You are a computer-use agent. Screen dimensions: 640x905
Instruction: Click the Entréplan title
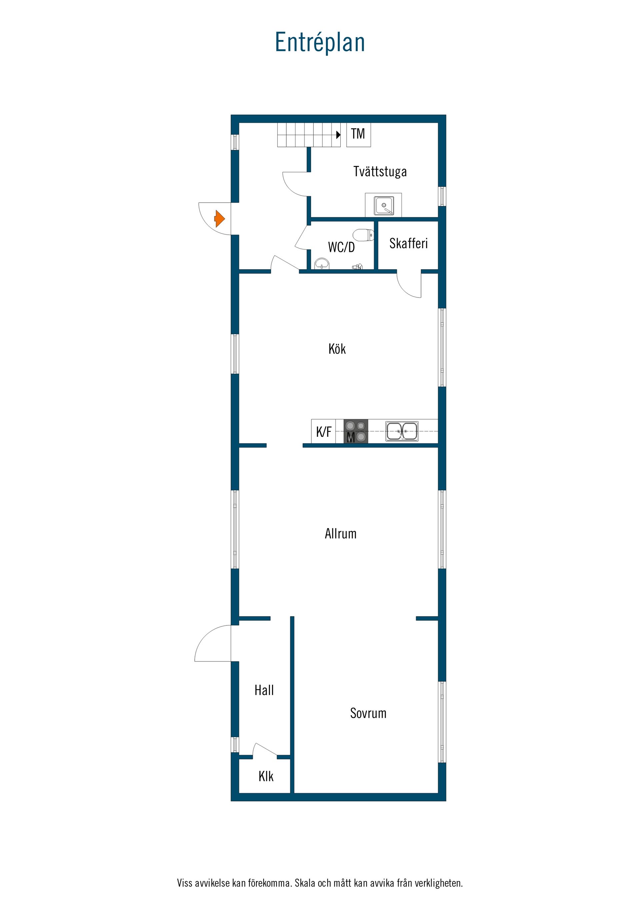320,43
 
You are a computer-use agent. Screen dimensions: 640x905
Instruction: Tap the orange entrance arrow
220,218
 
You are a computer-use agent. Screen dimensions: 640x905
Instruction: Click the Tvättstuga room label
380,172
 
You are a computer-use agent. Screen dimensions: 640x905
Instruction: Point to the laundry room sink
384,205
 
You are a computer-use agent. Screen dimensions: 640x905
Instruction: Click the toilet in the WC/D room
363,235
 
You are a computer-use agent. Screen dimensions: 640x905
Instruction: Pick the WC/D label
341,247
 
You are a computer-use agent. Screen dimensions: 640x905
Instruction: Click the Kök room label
337,349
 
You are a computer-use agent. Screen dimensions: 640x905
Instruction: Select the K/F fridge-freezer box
323,431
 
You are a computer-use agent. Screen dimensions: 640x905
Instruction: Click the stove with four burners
356,431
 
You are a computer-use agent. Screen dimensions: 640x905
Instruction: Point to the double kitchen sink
401,431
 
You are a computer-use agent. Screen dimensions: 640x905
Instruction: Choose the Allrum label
340,534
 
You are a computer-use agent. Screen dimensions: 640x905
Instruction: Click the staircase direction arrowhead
338,135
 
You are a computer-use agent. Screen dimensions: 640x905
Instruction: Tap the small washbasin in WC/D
322,263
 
